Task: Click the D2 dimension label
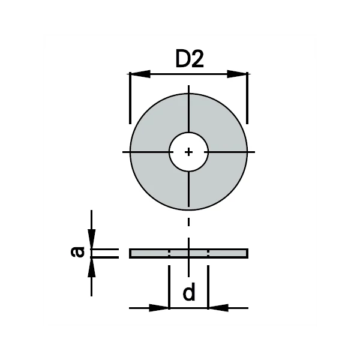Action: click(x=190, y=59)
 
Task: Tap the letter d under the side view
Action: click(x=189, y=292)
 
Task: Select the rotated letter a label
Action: click(x=77, y=252)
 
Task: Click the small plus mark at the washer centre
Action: click(x=188, y=152)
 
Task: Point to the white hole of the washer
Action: click(x=189, y=152)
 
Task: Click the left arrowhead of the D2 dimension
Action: click(x=140, y=74)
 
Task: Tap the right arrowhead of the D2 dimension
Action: click(x=237, y=74)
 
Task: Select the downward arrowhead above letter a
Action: click(x=92, y=239)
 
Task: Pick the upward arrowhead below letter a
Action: click(x=92, y=268)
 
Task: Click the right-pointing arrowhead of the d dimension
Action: click(x=159, y=308)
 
